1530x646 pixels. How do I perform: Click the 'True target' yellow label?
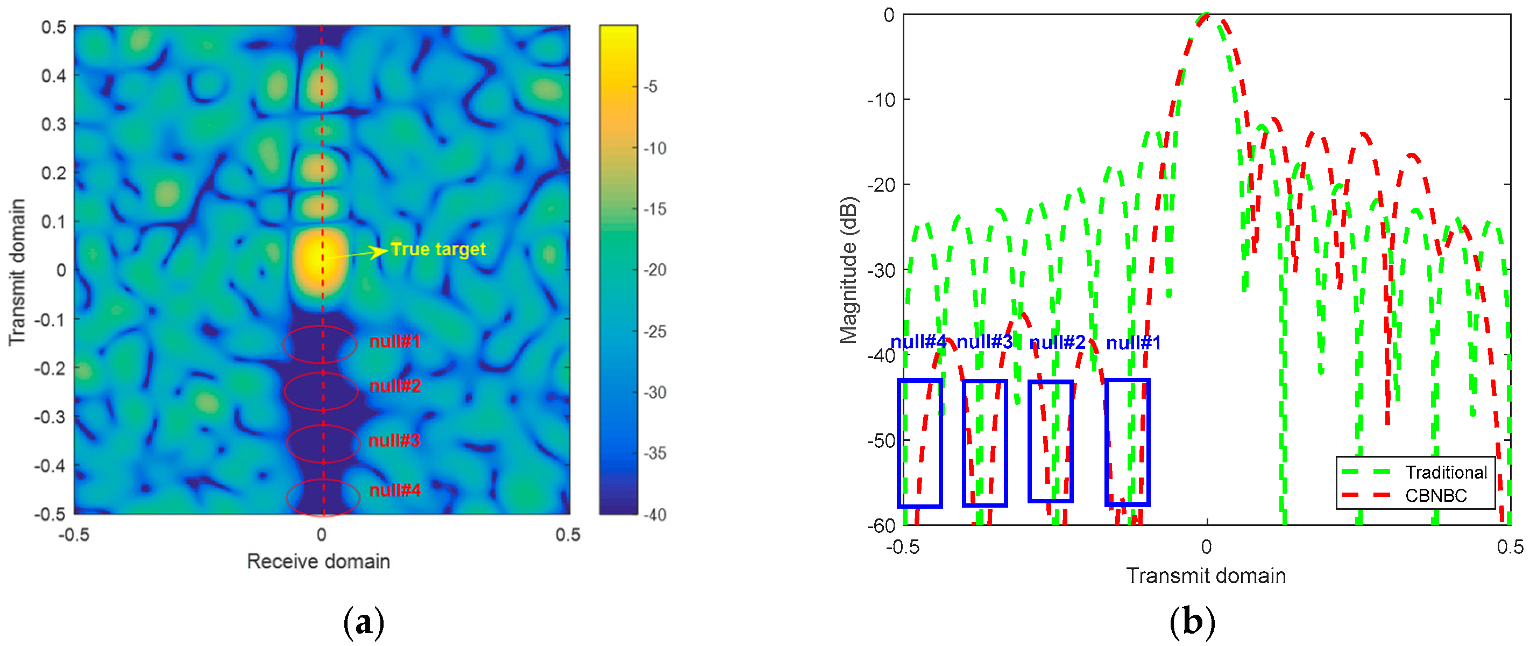(438, 249)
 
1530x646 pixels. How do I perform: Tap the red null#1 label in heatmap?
(395, 342)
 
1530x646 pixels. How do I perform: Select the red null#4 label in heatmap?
(395, 490)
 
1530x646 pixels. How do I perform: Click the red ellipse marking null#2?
(321, 390)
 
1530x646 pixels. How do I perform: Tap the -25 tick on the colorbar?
(656, 331)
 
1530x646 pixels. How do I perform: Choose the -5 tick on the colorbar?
(651, 87)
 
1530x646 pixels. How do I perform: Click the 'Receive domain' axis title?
(318, 561)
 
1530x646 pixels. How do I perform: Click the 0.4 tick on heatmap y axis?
(53, 75)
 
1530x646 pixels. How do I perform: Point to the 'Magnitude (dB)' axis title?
(848, 270)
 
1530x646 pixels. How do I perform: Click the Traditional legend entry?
(1446, 473)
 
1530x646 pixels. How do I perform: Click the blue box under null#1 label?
(1127, 442)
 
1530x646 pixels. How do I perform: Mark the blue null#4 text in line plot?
(918, 342)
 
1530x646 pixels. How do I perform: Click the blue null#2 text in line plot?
(1057, 342)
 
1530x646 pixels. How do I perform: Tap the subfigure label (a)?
(364, 622)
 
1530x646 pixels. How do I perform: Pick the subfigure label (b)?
(1192, 622)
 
